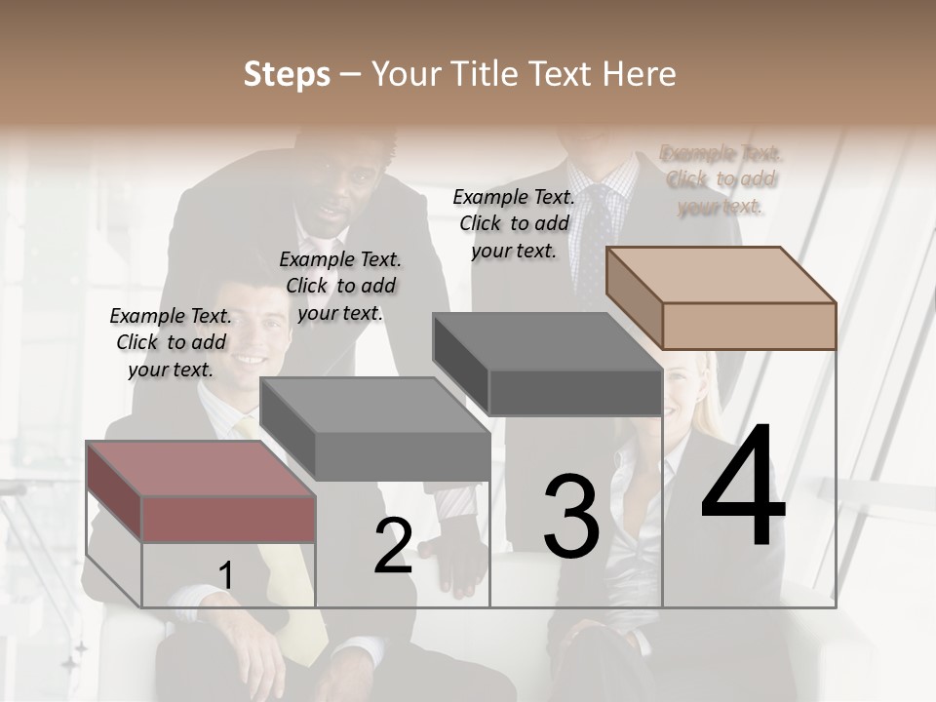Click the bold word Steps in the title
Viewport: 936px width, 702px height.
(287, 75)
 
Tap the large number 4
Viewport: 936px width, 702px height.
(743, 487)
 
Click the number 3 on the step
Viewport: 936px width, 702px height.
(571, 516)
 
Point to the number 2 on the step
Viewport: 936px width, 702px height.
(393, 546)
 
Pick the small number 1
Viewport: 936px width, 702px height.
(226, 576)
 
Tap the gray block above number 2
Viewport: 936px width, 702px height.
(375, 430)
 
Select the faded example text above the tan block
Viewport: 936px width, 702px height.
(721, 179)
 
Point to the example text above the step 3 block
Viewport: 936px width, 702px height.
(514, 223)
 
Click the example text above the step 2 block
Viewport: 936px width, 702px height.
(340, 286)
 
